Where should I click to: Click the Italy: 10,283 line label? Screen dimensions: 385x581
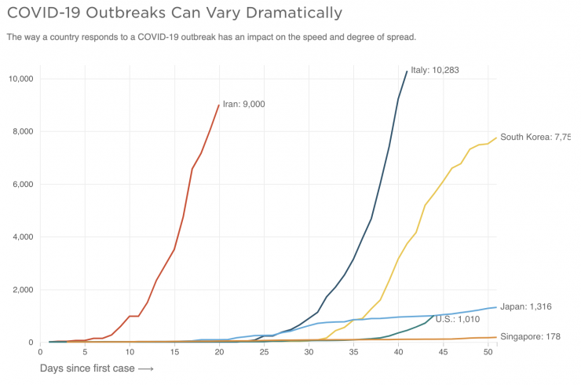point(434,71)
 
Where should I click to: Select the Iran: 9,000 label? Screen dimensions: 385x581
point(243,104)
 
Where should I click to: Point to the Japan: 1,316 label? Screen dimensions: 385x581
point(525,306)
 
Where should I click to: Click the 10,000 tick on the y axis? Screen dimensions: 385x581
point(19,79)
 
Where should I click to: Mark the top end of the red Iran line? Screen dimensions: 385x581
point(219,105)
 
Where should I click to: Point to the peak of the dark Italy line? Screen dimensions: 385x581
point(407,71)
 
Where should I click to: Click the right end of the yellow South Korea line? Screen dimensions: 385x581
point(496,138)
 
